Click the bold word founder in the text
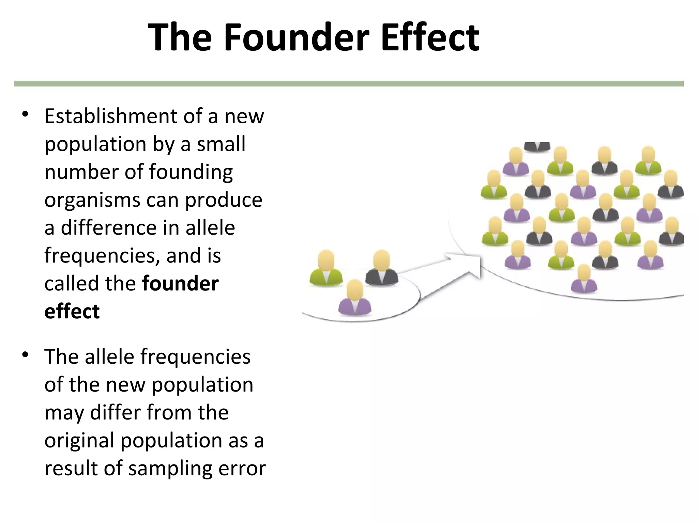click(x=180, y=283)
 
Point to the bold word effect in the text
click(x=72, y=311)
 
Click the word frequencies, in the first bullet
click(x=102, y=256)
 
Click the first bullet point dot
click(x=25, y=115)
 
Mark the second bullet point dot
click(x=25, y=355)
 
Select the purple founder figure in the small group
click(x=354, y=298)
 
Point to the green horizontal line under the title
click(x=349, y=84)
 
